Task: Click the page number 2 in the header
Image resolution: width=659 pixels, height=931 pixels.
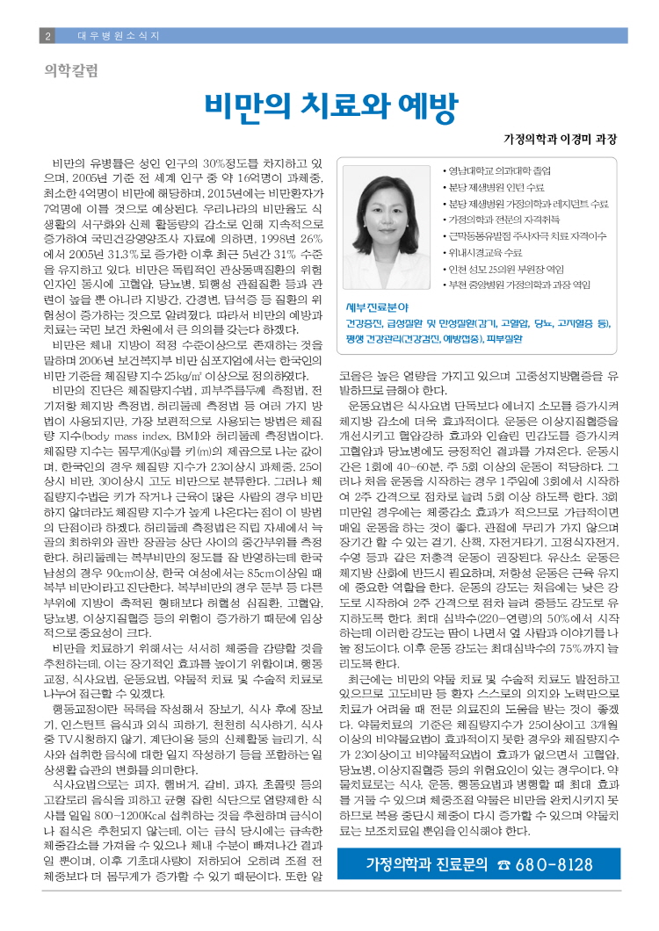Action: [47, 35]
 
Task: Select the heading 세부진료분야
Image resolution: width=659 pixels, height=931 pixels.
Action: [375, 307]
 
